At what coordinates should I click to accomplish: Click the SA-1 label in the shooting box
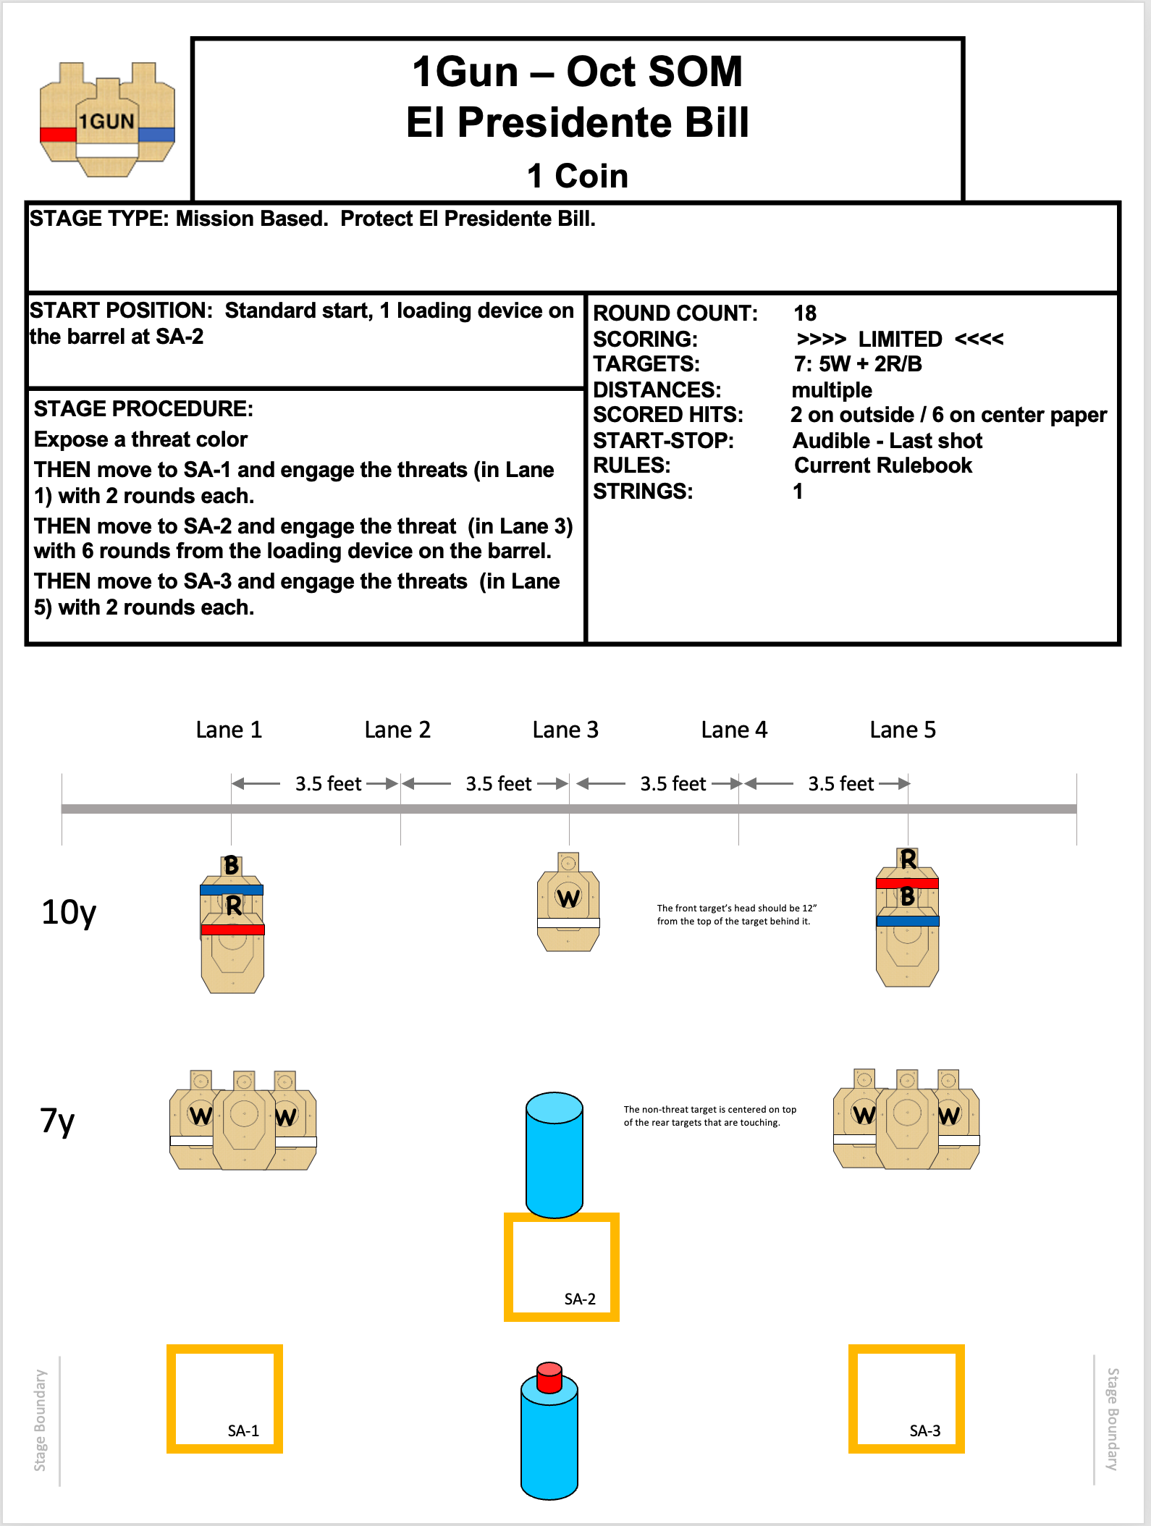point(243,1430)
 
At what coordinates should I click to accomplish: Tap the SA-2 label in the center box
point(580,1299)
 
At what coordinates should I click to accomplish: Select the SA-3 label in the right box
point(924,1430)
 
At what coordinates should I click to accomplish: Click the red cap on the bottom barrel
point(549,1376)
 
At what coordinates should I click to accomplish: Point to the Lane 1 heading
point(229,730)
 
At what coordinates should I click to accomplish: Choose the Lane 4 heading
point(734,730)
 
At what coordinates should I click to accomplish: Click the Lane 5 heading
point(903,730)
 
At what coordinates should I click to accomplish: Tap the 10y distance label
point(69,912)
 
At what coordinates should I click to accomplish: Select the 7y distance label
point(57,1121)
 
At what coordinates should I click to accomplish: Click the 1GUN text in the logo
point(106,121)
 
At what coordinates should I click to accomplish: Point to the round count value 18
point(805,313)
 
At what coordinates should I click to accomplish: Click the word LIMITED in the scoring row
point(900,339)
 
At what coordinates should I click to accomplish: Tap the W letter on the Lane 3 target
point(568,898)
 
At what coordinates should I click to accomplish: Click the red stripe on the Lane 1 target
point(233,929)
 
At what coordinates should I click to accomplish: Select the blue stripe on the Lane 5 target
point(908,922)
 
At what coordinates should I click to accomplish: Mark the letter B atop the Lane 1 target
point(231,865)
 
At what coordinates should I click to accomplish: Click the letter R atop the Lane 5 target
point(908,859)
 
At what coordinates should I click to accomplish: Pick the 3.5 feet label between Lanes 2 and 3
point(498,784)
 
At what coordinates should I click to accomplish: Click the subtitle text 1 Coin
point(577,176)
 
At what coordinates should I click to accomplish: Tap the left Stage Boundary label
point(40,1420)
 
